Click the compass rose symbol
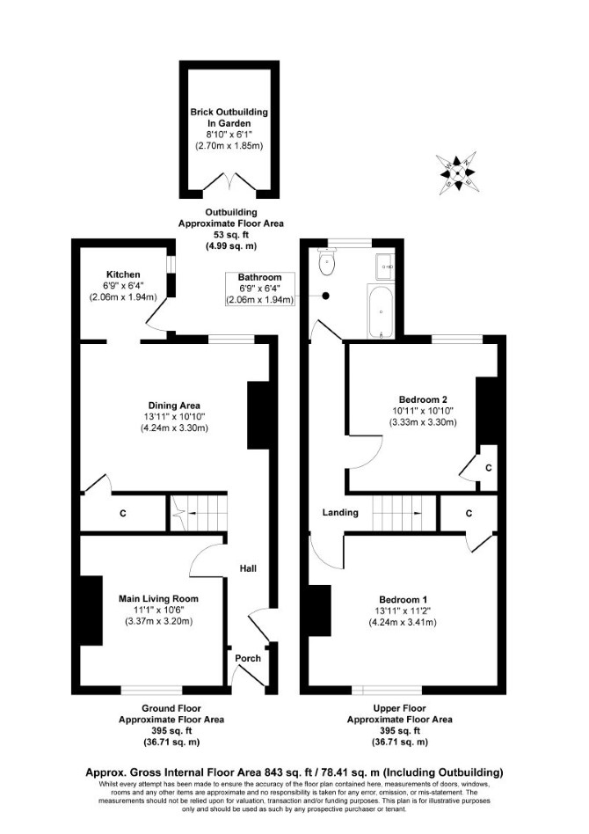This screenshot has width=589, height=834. (x=456, y=172)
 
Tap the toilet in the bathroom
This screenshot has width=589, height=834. (x=325, y=261)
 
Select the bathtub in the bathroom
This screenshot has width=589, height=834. (x=380, y=311)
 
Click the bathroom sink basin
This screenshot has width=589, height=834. (x=385, y=266)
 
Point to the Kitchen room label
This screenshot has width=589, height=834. (x=123, y=274)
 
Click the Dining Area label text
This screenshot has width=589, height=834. (x=174, y=406)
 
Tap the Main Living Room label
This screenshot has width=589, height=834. (x=158, y=598)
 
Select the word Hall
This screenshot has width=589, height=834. (x=248, y=568)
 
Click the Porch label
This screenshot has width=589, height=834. (x=248, y=658)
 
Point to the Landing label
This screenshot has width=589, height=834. (x=340, y=512)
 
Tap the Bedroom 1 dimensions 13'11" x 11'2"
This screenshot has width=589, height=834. (x=403, y=611)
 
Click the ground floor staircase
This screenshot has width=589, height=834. (x=199, y=513)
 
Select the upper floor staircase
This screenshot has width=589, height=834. (x=404, y=513)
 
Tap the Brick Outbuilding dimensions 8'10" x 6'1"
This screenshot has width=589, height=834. (x=229, y=135)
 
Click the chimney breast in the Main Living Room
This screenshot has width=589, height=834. (x=91, y=611)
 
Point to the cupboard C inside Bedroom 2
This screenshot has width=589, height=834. (x=488, y=468)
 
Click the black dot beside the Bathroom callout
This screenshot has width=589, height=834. (x=326, y=296)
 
